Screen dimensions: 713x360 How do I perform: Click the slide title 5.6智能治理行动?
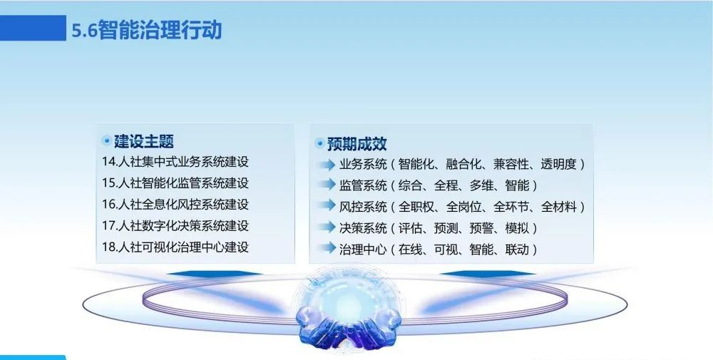(x=146, y=30)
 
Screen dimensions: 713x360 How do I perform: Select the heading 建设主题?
(x=144, y=141)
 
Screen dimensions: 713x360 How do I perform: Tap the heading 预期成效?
(x=357, y=143)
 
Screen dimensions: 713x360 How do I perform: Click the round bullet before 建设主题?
(x=106, y=141)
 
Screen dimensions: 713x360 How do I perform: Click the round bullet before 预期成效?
(x=319, y=143)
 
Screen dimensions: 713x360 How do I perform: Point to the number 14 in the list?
(x=108, y=162)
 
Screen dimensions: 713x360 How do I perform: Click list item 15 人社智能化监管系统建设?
(x=175, y=183)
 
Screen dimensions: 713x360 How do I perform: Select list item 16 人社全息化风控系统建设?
(x=175, y=205)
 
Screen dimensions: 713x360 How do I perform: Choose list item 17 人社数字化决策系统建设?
(x=175, y=226)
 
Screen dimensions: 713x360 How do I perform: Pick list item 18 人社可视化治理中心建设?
(x=175, y=247)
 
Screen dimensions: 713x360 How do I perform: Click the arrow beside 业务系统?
(x=327, y=165)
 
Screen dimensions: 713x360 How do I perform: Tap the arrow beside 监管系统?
(x=327, y=185)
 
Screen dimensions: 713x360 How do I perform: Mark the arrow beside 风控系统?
(x=327, y=205)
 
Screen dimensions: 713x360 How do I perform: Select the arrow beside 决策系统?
(x=327, y=227)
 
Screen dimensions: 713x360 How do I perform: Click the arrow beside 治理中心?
(x=327, y=248)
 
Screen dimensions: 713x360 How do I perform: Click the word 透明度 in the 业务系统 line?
(x=558, y=164)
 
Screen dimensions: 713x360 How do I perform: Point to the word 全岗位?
(x=464, y=207)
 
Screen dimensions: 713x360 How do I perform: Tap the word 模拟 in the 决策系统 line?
(x=517, y=228)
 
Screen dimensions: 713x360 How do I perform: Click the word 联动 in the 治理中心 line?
(x=517, y=250)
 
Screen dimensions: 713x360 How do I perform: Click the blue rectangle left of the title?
(x=34, y=29)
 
